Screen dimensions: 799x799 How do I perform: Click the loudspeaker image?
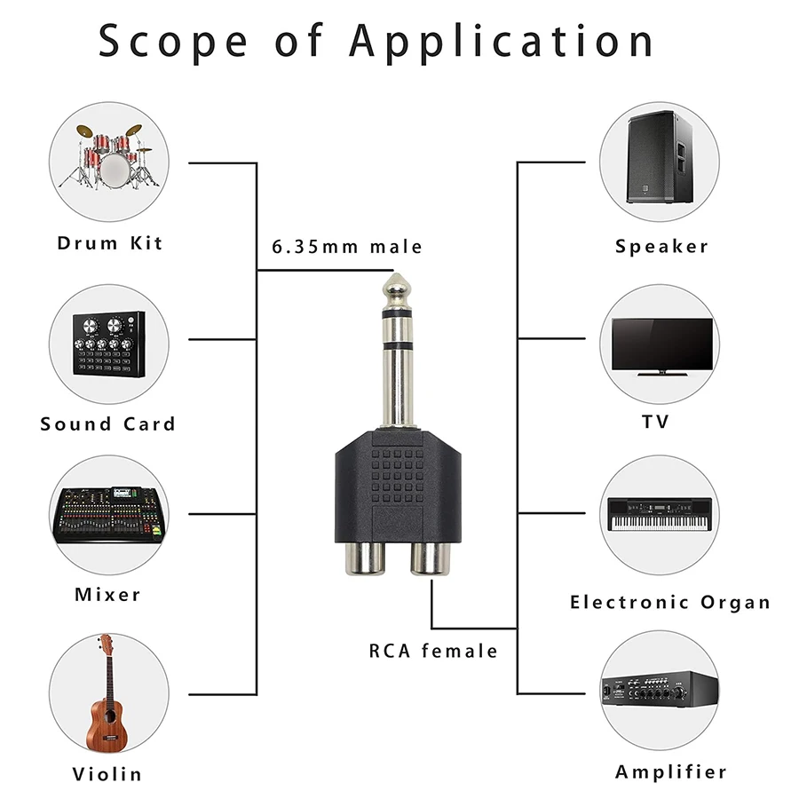(659, 156)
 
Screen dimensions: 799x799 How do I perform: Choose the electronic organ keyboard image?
(661, 514)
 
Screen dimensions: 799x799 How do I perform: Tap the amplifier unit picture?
(661, 691)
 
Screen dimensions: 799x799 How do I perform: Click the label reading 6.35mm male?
(347, 247)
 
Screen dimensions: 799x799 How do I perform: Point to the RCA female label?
(433, 651)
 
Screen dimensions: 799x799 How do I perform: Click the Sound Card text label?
(108, 423)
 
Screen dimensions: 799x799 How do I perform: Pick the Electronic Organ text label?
(670, 602)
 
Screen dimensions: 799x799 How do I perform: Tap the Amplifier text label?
(670, 771)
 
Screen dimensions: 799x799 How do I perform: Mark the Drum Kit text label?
(110, 242)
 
